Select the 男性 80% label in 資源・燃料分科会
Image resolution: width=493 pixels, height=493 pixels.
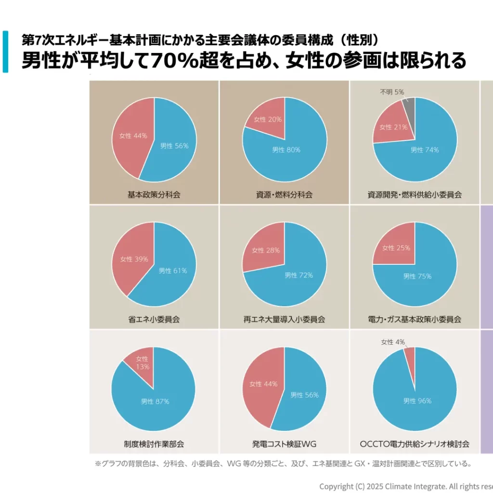(286, 150)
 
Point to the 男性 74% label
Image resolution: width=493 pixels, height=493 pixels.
(424, 150)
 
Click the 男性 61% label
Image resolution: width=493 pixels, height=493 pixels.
(173, 271)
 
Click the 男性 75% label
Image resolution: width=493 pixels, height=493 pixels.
(417, 276)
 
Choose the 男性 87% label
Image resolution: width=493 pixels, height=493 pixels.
(155, 402)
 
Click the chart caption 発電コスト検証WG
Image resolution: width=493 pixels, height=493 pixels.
(284, 444)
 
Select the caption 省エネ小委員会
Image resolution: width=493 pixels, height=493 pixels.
(154, 319)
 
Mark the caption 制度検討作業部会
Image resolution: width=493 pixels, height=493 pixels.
(154, 444)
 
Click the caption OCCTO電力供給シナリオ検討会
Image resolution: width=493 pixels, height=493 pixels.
(415, 444)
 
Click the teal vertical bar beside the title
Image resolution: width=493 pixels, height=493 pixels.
(5, 52)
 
